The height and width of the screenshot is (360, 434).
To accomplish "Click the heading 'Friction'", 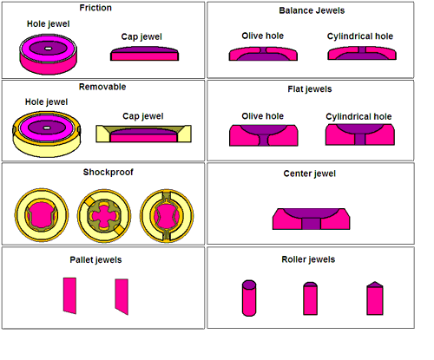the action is [95, 8].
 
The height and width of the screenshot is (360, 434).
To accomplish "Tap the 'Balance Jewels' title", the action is [312, 10].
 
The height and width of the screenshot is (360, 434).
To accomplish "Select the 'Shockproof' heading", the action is [108, 172].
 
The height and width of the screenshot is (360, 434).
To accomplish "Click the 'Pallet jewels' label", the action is [95, 259].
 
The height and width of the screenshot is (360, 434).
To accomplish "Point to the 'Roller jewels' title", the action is [308, 259].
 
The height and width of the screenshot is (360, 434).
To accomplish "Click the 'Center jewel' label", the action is [310, 173].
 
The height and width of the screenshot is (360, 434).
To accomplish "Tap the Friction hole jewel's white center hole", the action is [49, 49].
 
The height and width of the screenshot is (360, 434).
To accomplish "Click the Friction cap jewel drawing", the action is [144, 54].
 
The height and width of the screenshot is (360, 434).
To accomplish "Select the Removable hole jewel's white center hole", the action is [47, 128].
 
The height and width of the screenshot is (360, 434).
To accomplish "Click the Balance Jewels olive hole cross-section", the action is [263, 54].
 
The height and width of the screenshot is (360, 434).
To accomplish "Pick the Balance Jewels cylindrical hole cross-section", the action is [362, 53].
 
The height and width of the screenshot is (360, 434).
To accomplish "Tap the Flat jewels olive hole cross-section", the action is [264, 135].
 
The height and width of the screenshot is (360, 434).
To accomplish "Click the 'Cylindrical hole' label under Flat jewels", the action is [358, 116].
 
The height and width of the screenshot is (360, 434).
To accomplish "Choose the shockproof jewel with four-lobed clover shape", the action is [104, 216].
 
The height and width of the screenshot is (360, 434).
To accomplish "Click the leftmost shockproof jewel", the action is [42, 215].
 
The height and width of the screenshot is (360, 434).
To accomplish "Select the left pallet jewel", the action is [69, 296].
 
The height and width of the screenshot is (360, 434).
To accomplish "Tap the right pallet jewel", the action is [122, 297].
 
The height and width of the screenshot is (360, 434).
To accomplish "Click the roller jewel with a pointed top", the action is [375, 298].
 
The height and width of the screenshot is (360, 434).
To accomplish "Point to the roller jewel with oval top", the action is [249, 298].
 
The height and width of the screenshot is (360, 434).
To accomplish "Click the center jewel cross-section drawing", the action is [311, 219].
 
